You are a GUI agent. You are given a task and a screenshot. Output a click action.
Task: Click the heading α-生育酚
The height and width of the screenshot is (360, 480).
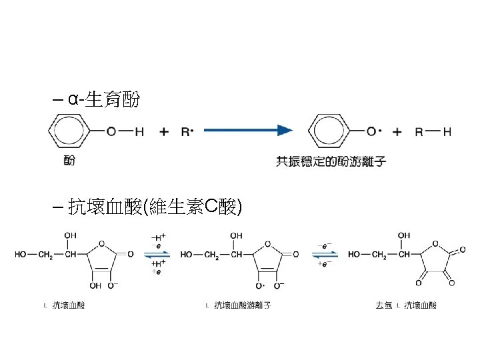(103, 101)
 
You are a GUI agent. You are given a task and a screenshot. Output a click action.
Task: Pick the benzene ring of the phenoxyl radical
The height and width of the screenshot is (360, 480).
(331, 131)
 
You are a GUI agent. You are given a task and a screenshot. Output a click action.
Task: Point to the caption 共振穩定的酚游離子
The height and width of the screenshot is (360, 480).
(331, 161)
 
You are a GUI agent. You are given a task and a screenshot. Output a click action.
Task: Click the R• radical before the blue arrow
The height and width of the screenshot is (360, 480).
(187, 132)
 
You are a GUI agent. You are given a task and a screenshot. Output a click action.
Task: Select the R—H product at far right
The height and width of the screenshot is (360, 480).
(433, 132)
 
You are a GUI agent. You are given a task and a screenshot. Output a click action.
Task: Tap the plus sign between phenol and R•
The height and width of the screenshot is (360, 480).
(164, 132)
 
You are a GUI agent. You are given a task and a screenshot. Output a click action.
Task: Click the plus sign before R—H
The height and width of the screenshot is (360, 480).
(397, 132)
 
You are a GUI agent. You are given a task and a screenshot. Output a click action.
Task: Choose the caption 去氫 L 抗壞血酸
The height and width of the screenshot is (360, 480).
(406, 305)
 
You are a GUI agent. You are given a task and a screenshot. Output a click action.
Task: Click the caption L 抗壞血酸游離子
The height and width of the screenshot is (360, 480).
(239, 305)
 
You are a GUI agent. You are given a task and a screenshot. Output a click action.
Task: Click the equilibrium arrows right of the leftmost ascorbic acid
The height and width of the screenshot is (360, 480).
(160, 254)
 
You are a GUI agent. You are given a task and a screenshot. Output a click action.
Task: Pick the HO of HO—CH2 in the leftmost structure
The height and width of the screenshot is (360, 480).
(21, 254)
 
